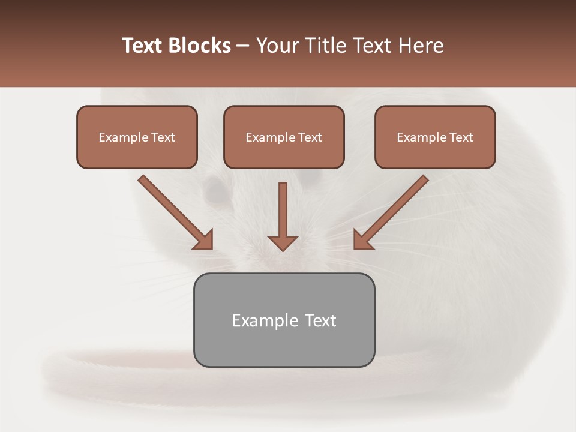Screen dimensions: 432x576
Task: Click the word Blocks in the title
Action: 200,46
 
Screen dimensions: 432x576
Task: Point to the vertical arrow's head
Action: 283,243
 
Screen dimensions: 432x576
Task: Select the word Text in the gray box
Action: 320,320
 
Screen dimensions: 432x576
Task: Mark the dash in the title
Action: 243,46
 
